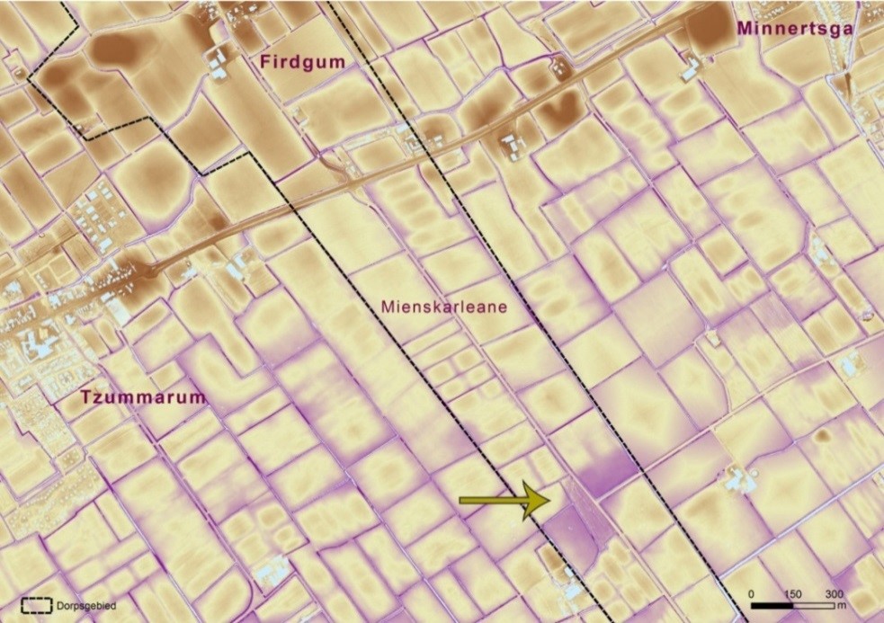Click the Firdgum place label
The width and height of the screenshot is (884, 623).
pos(292,62)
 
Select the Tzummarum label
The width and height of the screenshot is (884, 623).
pos(143,397)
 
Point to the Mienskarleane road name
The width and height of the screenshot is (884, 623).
pos(444,307)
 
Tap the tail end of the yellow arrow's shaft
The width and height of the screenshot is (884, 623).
pos(462,500)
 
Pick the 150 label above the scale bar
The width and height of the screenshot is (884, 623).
pos(793,595)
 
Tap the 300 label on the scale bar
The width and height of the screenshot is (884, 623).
pos(834,595)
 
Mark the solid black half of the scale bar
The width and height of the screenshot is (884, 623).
pos(773,605)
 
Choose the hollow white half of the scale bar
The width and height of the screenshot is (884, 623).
pos(814,605)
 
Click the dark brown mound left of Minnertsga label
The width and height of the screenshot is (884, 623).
pos(710,27)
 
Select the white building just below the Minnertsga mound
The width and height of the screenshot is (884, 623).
pos(693,69)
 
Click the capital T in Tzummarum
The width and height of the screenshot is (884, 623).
pos(86,397)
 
